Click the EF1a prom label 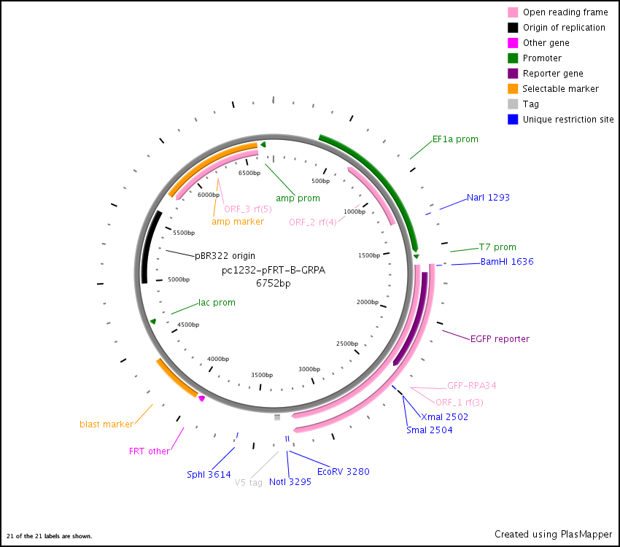tap(455, 139)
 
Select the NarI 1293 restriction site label tap(488, 197)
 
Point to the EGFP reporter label tap(500, 338)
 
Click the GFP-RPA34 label tap(471, 385)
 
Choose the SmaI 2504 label tap(429, 430)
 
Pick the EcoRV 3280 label tap(343, 471)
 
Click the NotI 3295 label tap(290, 481)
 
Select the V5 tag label tap(248, 482)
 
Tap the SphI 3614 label tap(209, 474)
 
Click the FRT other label tap(149, 451)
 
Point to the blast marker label tap(106, 424)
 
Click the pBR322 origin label tap(225, 256)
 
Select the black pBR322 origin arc tap(146, 251)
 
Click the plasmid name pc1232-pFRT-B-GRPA tap(273, 270)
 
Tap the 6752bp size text tap(273, 283)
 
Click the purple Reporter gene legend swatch tap(513, 74)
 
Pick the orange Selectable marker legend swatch tap(513, 89)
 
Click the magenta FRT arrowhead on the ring tap(201, 398)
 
